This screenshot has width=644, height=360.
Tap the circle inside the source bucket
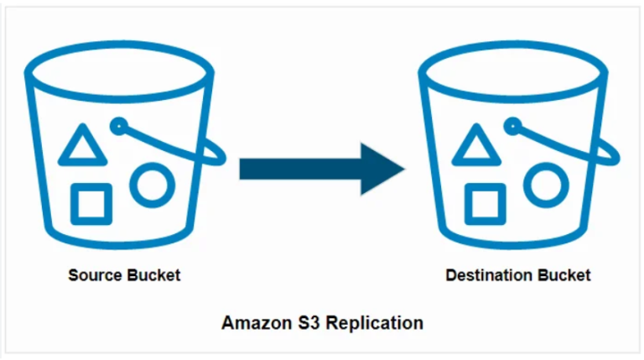[152, 182]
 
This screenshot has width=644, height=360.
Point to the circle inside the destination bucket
[546, 182]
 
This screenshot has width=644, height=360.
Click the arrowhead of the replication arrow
[382, 169]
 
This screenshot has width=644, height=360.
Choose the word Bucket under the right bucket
[564, 275]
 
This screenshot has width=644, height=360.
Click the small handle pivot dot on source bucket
[118, 126]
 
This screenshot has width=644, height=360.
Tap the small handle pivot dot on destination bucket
[512, 126]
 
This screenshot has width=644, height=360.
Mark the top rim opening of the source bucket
[116, 66]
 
